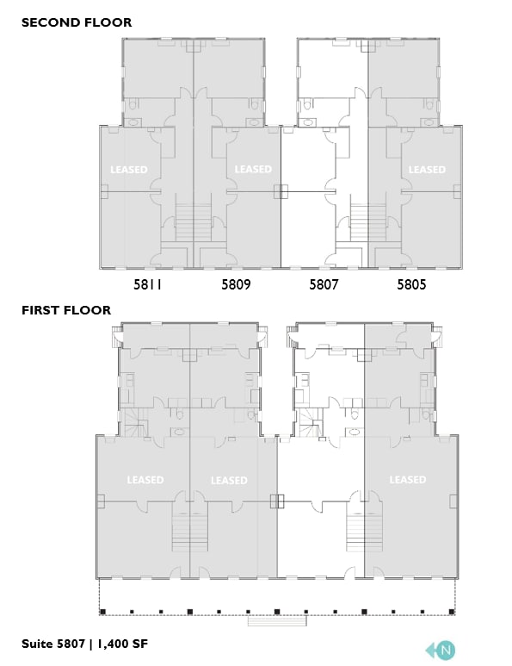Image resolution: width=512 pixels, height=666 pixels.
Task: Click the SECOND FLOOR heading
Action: tap(77, 22)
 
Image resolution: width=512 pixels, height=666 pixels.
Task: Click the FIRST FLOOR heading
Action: tap(66, 310)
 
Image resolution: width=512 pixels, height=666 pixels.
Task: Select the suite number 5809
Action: tap(236, 283)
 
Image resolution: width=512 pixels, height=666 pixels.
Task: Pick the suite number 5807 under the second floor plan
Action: tap(324, 283)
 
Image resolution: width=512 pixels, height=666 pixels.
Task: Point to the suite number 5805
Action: tap(411, 283)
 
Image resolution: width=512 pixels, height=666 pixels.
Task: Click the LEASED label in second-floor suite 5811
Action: tap(129, 170)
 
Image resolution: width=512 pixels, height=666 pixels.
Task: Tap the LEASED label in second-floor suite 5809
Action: tap(253, 170)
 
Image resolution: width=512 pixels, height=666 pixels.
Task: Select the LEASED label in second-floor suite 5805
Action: tap(426, 170)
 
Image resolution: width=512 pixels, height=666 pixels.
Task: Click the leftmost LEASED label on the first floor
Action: tap(145, 480)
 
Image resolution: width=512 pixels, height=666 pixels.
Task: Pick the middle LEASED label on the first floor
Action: tap(229, 481)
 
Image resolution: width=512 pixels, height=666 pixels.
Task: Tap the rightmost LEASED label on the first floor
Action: tap(407, 480)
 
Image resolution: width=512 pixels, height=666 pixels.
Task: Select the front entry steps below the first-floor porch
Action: tap(276, 620)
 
